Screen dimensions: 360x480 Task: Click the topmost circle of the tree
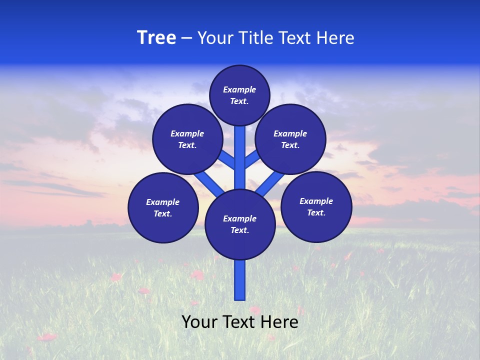239,95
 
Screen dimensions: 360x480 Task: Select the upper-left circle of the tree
187,139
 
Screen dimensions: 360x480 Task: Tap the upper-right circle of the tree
290,139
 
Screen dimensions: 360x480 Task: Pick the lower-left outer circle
163,207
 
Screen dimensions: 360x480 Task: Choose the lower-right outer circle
316,206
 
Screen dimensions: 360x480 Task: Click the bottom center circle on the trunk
240,224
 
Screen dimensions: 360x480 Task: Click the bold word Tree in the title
156,38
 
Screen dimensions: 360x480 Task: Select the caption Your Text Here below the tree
240,322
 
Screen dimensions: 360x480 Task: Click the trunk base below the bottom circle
240,280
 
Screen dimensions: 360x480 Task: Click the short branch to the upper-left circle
226,159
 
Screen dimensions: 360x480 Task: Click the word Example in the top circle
239,89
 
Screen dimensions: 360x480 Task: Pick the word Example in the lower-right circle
316,201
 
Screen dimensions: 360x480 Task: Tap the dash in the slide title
186,38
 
